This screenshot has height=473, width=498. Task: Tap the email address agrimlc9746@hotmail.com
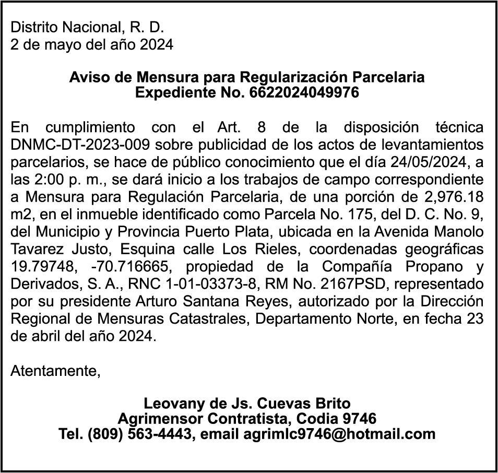coord(339,433)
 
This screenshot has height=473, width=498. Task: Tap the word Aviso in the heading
coord(86,77)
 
